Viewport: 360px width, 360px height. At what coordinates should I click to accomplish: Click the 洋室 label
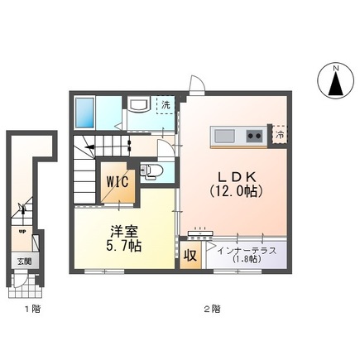pyautogui.click(x=122, y=231)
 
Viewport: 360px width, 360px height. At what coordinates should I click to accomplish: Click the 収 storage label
pyautogui.click(x=190, y=257)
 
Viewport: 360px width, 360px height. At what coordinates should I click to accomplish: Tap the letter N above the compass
pyautogui.click(x=336, y=65)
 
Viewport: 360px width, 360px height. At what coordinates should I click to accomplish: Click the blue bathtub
pyautogui.click(x=87, y=110)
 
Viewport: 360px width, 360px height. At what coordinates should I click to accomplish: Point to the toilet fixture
pyautogui.click(x=151, y=172)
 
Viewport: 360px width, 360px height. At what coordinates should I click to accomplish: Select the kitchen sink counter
pyautogui.click(x=238, y=135)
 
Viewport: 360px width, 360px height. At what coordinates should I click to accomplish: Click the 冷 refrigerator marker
pyautogui.click(x=280, y=134)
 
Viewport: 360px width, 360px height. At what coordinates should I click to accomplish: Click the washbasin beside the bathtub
pyautogui.click(x=137, y=104)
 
